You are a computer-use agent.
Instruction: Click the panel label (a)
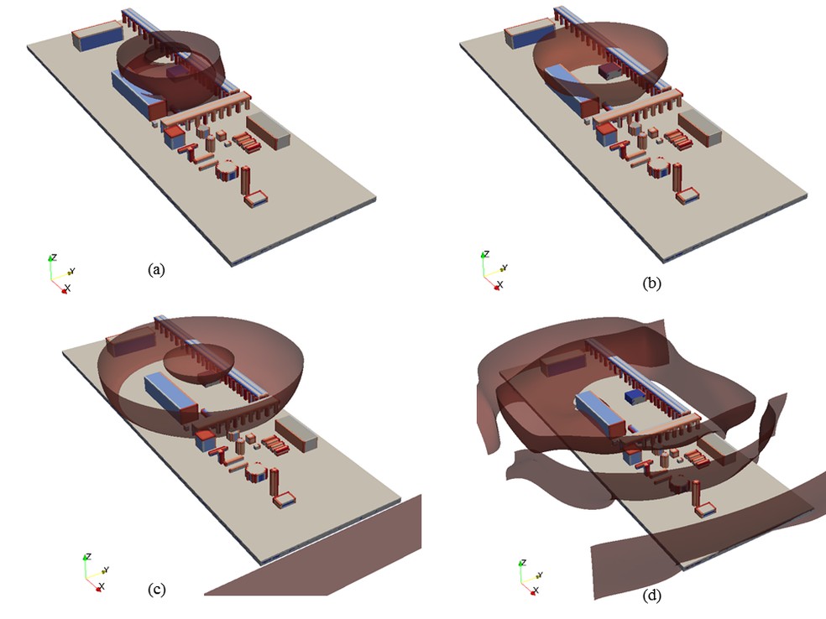tap(156, 270)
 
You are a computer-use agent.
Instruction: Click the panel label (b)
tap(651, 283)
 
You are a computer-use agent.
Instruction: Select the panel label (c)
tap(157, 590)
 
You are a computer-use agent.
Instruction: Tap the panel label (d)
tap(652, 596)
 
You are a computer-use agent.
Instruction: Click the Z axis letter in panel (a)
tap(54, 257)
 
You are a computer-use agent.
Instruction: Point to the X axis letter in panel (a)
tap(67, 289)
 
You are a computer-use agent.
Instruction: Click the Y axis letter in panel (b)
tap(504, 268)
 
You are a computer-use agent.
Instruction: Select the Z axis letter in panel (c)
tap(88, 556)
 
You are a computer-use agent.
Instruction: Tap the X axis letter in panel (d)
tap(536, 590)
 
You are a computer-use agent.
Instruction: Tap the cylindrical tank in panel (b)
tap(659, 168)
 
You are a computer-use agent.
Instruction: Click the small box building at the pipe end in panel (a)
tap(257, 199)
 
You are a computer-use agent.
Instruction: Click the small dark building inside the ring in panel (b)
tap(610, 71)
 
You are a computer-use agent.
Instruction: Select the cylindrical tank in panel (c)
tap(258, 471)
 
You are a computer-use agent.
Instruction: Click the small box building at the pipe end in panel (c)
tap(285, 499)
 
